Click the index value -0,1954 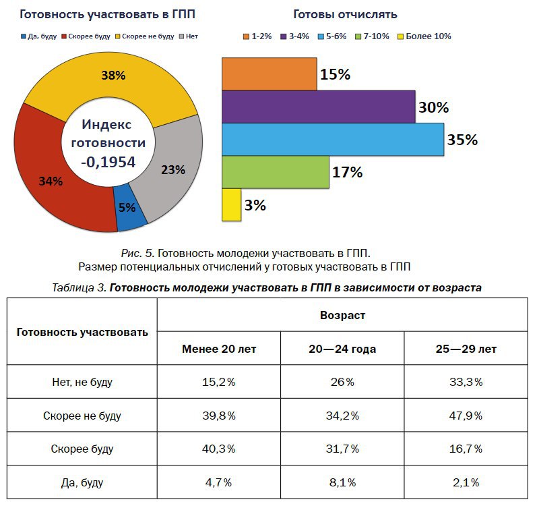(108, 161)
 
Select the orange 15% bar (269, 74)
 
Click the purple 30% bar (318, 107)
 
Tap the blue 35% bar (332, 140)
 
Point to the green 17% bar (275, 172)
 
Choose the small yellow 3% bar (231, 205)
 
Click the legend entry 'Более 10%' (426, 36)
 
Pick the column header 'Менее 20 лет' (219, 349)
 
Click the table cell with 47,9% (465, 416)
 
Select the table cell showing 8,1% (342, 482)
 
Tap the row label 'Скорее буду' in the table (82, 449)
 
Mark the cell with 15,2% (219, 383)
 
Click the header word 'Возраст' (342, 315)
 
